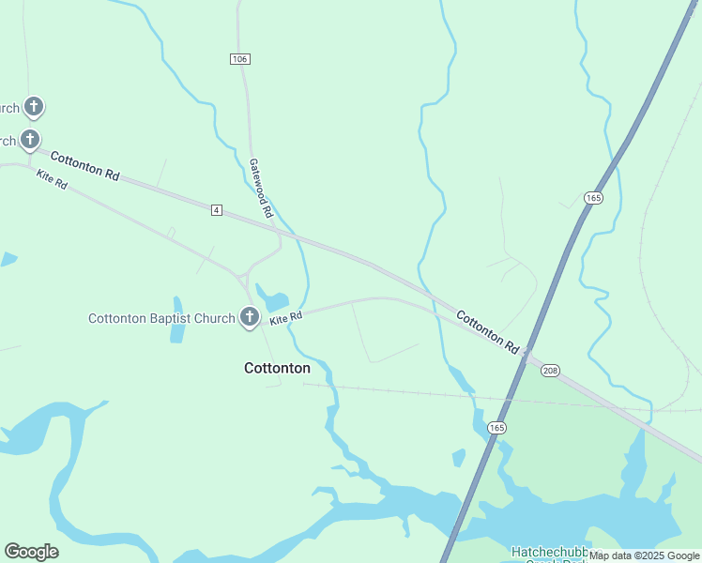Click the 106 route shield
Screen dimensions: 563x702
(x=239, y=59)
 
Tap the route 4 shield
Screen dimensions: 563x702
(x=217, y=210)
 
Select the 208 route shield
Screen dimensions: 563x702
(x=551, y=370)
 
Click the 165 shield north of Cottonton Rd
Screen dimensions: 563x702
(x=593, y=198)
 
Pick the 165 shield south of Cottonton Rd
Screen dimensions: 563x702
(x=496, y=428)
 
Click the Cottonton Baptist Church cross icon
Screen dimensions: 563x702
(x=250, y=318)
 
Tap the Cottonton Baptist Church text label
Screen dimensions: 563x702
(x=161, y=319)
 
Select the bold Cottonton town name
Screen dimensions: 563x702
(x=277, y=368)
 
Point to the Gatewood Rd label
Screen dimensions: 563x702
(x=260, y=189)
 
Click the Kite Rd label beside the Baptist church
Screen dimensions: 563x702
(x=285, y=319)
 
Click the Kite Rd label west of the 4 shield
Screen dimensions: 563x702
(x=52, y=179)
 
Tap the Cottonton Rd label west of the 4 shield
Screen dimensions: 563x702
(x=85, y=166)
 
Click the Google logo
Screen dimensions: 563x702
(x=31, y=552)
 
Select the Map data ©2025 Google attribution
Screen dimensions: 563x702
(x=643, y=555)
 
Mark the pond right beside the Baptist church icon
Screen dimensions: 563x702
(x=275, y=302)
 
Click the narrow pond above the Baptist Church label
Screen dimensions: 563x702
(x=177, y=320)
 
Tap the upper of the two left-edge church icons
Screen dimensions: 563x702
(x=34, y=107)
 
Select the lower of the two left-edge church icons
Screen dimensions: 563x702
(x=30, y=141)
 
